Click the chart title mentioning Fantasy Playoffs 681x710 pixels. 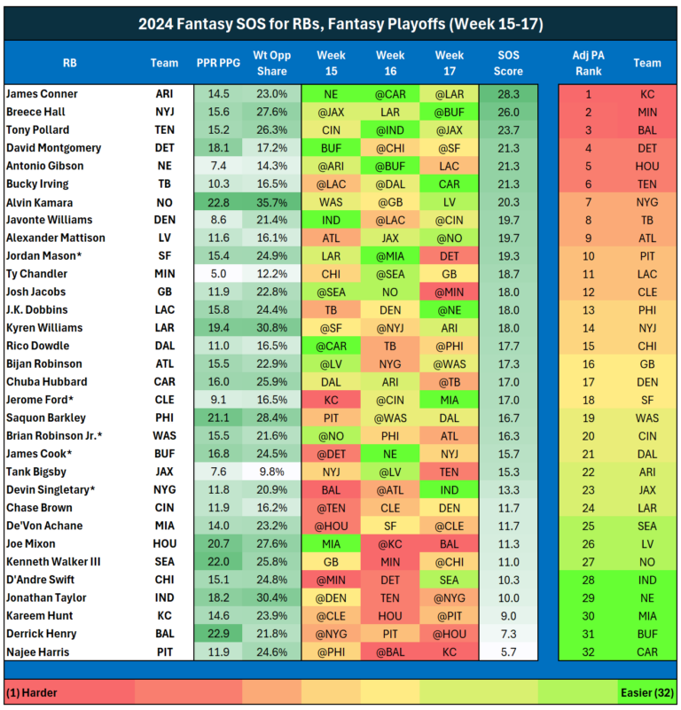tap(340, 24)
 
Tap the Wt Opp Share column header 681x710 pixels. tap(270, 63)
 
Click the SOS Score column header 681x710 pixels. tap(508, 63)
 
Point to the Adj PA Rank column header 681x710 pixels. tap(588, 63)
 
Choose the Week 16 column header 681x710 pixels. tap(390, 63)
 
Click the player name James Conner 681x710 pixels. tap(42, 93)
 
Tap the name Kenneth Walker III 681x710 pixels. tap(55, 561)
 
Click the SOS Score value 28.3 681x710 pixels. tap(508, 93)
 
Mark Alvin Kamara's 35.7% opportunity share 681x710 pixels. tap(270, 202)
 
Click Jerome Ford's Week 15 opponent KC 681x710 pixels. tap(331, 399)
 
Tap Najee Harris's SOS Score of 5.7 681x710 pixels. tap(508, 652)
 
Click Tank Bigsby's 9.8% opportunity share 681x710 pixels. tap(270, 471)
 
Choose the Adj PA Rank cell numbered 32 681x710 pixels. tap(588, 652)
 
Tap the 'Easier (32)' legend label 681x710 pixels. tap(644, 690)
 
